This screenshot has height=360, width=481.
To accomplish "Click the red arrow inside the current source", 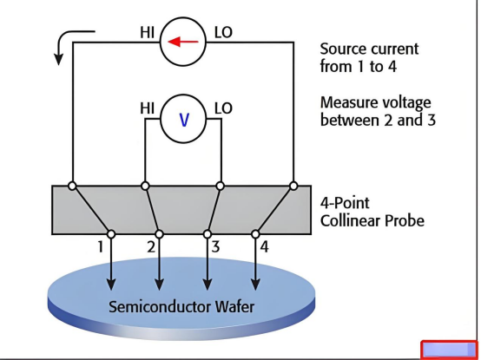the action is [x=183, y=42].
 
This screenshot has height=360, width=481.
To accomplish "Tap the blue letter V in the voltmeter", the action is [x=184, y=120].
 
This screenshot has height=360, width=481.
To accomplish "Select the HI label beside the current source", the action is [x=147, y=32].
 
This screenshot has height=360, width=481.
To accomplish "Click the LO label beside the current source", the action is [x=223, y=32].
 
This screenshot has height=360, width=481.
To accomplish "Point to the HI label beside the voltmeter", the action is [x=147, y=108].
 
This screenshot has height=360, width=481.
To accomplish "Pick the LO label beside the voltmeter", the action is [x=223, y=108].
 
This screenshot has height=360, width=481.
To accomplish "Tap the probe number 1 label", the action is [x=100, y=246].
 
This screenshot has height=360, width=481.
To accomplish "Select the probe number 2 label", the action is [x=151, y=246].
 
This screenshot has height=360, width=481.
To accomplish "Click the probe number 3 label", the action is [x=215, y=246].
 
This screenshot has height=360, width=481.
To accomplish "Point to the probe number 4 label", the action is [x=265, y=246].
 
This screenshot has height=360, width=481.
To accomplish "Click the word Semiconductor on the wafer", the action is [x=160, y=307].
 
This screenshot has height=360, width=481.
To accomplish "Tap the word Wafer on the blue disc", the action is [x=234, y=307].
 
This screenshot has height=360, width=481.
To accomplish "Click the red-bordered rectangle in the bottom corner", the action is [x=450, y=350].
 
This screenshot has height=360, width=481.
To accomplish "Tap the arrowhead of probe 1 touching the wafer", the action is [x=111, y=285].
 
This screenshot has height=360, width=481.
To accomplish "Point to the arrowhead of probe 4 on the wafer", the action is [x=255, y=285].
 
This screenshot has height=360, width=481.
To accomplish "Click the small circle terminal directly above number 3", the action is [x=208, y=234].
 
